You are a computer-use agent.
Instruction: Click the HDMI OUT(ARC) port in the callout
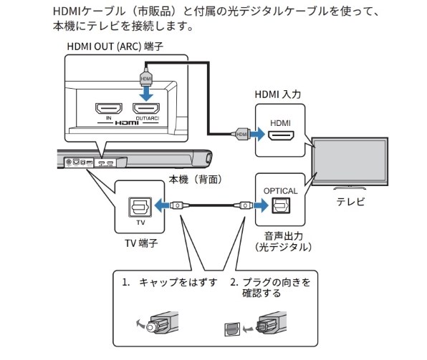point(145,110)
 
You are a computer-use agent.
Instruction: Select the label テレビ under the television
point(350,202)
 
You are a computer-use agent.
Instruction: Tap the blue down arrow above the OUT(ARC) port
point(145,92)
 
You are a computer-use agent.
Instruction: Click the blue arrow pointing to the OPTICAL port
point(258,206)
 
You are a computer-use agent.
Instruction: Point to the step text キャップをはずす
point(175,283)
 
